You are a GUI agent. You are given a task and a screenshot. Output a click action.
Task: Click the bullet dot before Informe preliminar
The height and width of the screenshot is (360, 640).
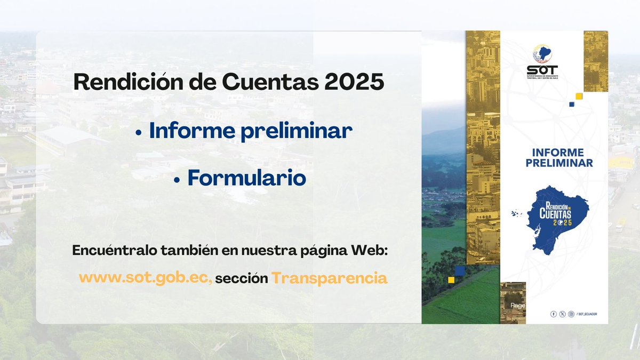(139, 133)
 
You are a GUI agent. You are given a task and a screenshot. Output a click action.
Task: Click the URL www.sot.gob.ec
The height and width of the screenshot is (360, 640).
(145, 278)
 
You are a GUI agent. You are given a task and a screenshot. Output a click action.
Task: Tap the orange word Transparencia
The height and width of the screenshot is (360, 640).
(329, 278)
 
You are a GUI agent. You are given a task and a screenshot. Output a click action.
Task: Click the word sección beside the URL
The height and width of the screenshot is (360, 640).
(242, 278)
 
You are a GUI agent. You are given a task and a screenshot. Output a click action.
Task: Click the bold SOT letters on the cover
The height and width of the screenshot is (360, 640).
(542, 69)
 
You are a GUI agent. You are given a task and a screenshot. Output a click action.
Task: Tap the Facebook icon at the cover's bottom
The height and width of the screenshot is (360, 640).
(554, 314)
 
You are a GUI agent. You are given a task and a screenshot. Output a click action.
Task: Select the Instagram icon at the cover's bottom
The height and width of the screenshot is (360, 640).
(571, 314)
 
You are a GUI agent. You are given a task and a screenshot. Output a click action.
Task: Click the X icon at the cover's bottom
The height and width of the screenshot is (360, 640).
(562, 314)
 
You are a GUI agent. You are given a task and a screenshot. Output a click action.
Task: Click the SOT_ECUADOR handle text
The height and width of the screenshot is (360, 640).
(587, 314)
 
